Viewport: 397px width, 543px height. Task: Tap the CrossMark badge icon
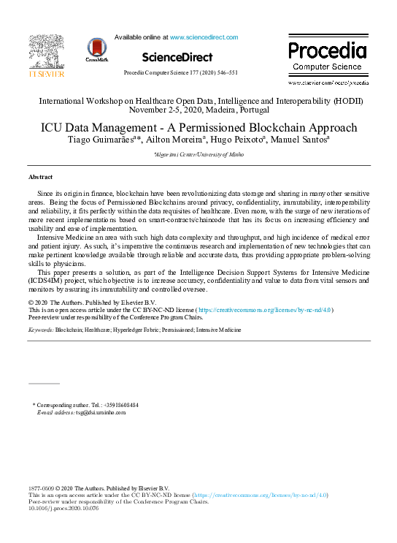click(96, 49)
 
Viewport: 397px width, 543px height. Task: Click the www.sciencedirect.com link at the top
click(204, 37)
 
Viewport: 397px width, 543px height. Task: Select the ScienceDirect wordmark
click(177, 57)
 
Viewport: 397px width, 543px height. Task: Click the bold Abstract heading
click(40, 178)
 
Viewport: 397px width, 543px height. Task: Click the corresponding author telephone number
click(115, 405)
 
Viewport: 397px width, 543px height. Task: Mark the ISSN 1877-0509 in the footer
click(41, 488)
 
